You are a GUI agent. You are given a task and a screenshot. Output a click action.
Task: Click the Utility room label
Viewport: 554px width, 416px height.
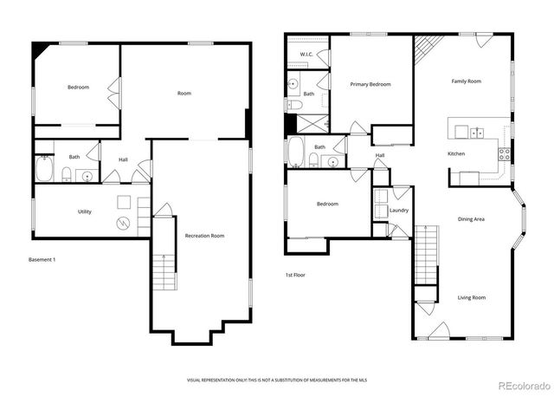pyautogui.click(x=84, y=211)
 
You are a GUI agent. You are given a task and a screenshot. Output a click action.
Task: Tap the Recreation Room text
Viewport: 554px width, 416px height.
pyautogui.click(x=205, y=236)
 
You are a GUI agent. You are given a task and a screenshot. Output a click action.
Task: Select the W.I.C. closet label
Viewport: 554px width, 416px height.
pyautogui.click(x=306, y=55)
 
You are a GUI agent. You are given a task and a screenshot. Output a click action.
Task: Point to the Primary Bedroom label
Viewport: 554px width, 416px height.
pyautogui.click(x=370, y=84)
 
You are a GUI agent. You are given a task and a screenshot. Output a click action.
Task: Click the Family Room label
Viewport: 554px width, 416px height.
pyautogui.click(x=466, y=81)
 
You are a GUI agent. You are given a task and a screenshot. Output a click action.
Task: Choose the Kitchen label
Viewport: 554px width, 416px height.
pyautogui.click(x=457, y=153)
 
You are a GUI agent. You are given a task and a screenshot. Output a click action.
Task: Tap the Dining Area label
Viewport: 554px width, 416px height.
pyautogui.click(x=471, y=219)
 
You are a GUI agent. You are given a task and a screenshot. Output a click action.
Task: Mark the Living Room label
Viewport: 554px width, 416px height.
pyautogui.click(x=471, y=297)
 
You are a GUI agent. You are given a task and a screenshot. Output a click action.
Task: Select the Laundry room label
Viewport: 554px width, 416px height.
pyautogui.click(x=399, y=211)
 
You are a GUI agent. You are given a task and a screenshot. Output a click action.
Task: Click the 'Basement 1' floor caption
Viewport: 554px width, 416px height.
pyautogui.click(x=42, y=259)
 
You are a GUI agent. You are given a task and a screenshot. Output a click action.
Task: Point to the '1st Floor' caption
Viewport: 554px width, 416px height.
pyautogui.click(x=295, y=275)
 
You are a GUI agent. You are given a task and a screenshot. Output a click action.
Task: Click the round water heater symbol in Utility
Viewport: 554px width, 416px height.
pyautogui.click(x=124, y=223)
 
